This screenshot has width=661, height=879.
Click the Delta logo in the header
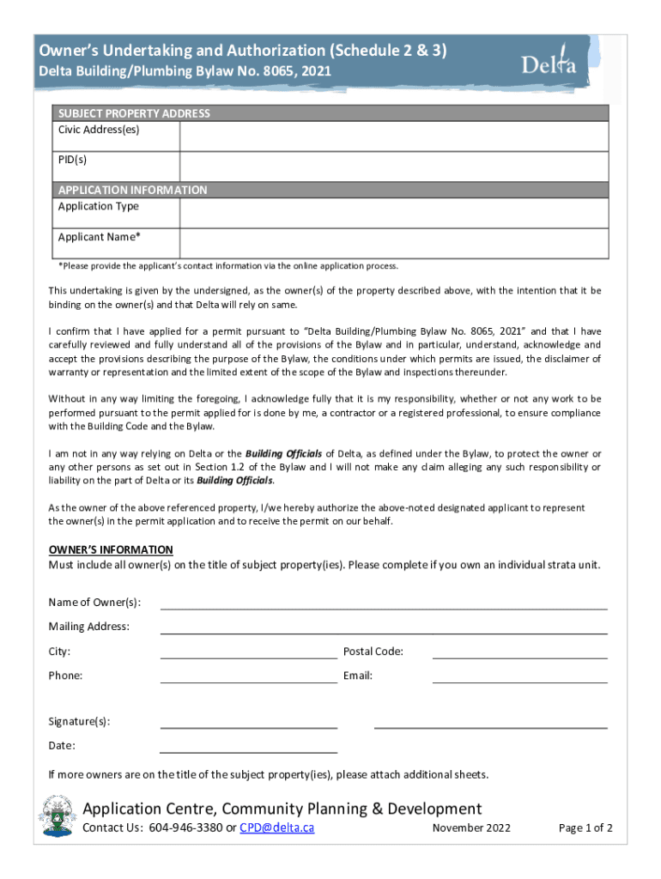548,63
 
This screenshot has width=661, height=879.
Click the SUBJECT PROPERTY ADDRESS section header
134,113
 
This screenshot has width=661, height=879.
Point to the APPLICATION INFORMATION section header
132,190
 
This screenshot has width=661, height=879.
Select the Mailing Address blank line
384,627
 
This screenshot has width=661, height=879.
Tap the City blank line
249,652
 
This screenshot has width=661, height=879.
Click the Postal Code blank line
519,652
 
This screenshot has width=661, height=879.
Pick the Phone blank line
249,676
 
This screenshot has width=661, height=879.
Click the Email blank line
519,676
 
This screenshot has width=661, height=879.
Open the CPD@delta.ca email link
276,828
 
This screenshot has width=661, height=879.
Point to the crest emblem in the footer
58,817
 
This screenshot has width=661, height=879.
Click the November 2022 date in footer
471,828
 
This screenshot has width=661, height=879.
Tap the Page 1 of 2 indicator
585,828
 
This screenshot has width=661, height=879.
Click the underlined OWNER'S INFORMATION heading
111,549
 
